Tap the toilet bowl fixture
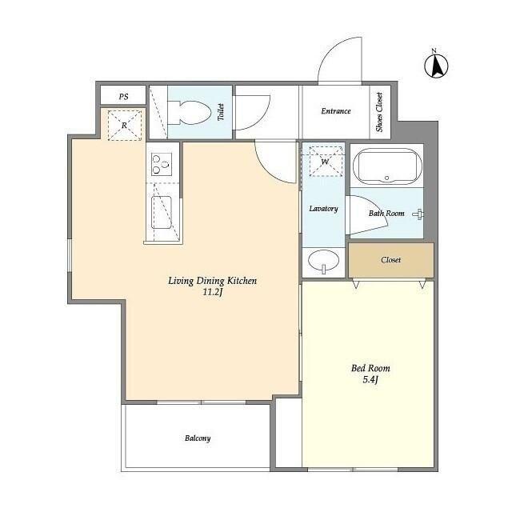click(189, 113)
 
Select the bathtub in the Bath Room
click(386, 167)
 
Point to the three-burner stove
click(162, 164)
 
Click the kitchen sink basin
click(162, 212)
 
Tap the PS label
click(123, 97)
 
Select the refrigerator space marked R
click(125, 126)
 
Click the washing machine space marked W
click(326, 162)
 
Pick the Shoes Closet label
click(379, 112)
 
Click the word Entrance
click(336, 111)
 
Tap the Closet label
click(390, 260)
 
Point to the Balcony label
click(198, 438)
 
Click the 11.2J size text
click(213, 292)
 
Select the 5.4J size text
click(370, 379)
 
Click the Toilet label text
click(221, 112)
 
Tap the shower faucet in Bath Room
click(418, 214)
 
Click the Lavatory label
click(323, 208)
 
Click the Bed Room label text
click(370, 368)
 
